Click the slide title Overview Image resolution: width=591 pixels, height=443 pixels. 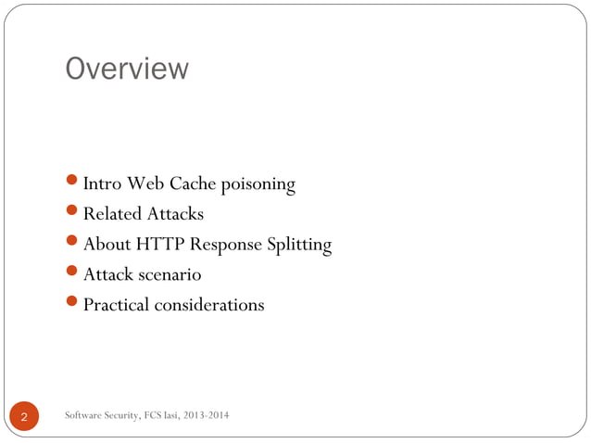[126, 69]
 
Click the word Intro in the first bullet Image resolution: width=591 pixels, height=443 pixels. [101, 184]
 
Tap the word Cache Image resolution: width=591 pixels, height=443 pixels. [193, 184]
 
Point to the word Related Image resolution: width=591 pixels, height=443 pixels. [112, 215]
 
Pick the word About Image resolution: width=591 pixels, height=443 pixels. [107, 245]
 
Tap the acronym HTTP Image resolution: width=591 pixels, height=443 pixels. [160, 245]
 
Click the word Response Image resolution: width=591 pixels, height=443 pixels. [224, 246]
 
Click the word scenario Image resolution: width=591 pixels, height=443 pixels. [168, 275]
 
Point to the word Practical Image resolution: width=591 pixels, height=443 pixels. [117, 305]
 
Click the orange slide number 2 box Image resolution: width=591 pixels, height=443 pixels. [24, 419]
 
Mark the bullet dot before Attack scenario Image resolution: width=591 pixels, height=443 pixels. [73, 274]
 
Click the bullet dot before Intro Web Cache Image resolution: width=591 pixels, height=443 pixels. [73, 184]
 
